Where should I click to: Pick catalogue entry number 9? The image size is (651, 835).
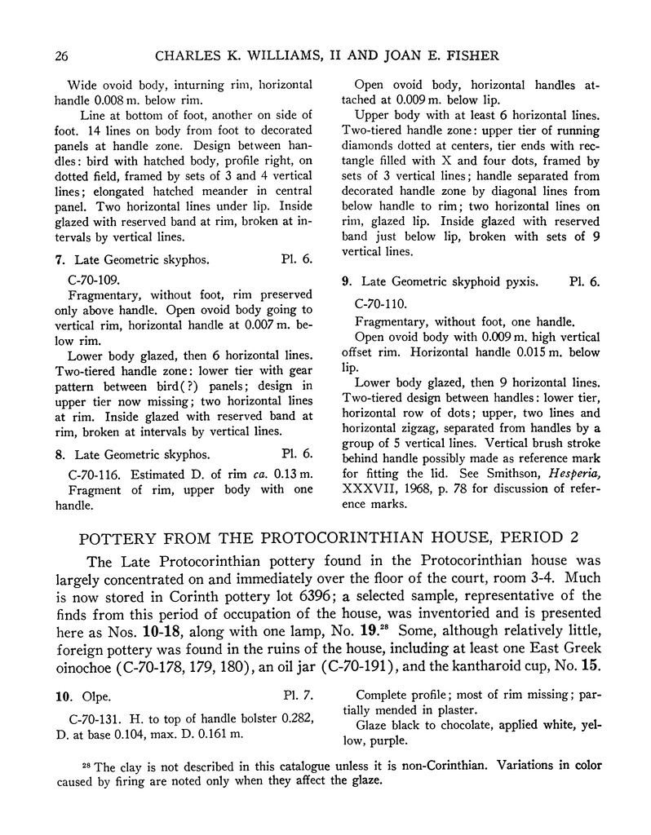coord(346,283)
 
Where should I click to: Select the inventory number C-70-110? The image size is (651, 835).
coord(378,303)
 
